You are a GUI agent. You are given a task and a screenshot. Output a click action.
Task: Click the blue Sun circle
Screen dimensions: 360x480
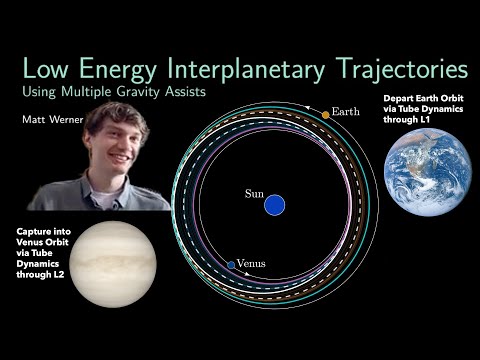(x=274, y=206)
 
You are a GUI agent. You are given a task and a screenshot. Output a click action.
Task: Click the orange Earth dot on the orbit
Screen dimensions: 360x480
(x=325, y=115)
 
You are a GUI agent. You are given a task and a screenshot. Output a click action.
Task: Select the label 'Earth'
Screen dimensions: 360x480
(x=347, y=111)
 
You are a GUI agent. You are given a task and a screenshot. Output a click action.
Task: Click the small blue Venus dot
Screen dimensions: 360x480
(x=231, y=265)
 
